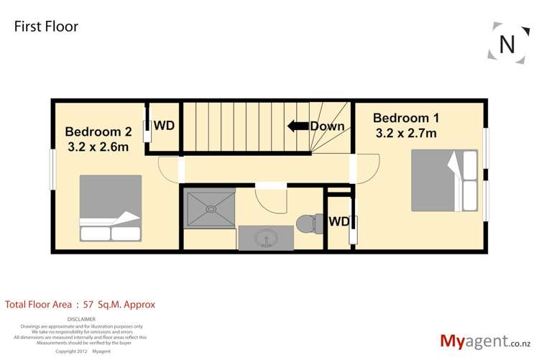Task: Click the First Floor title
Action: click(46, 27)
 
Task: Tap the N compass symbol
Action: click(507, 44)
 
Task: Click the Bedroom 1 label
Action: click(406, 118)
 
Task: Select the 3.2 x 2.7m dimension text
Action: click(406, 133)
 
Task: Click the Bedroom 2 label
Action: click(98, 132)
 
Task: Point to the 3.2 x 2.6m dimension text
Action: click(98, 147)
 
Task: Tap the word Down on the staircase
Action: click(327, 126)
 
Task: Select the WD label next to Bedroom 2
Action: click(165, 125)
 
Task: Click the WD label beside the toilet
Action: click(338, 221)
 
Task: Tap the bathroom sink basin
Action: click(265, 237)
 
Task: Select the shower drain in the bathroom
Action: click(210, 209)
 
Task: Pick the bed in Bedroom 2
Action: click(110, 208)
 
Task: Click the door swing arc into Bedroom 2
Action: click(169, 170)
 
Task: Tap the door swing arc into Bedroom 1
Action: click(366, 171)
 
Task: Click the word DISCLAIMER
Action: click(80, 319)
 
